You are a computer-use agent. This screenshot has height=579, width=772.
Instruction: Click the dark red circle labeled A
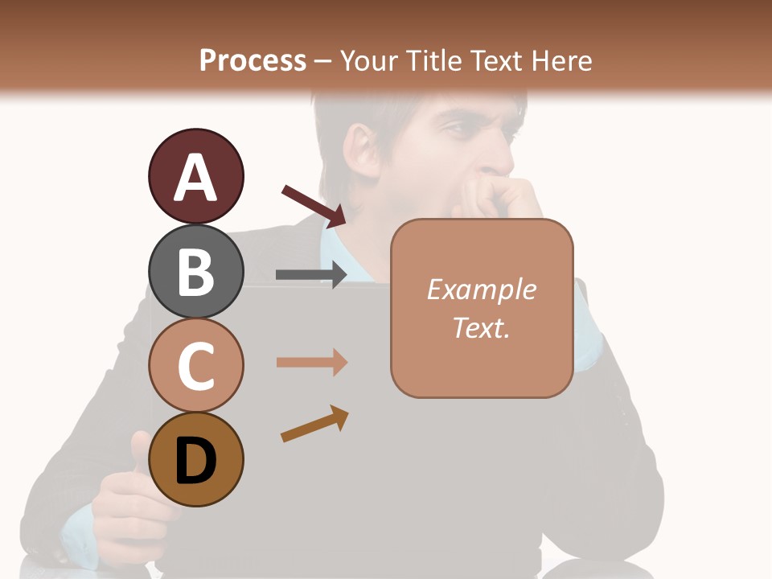pos(195,176)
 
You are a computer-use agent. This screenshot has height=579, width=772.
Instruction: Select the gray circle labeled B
pos(195,271)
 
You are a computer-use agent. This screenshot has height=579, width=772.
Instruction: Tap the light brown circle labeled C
pos(195,366)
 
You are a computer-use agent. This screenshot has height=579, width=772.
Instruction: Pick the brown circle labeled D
pos(195,460)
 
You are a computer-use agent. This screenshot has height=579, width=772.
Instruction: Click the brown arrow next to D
pos(314,425)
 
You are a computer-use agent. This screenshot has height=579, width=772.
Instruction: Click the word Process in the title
pos(253,60)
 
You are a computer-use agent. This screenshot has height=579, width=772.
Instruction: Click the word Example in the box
pos(481,289)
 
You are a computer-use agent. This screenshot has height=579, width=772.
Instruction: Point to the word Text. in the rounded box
pos(481,327)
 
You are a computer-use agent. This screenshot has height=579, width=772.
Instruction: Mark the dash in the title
pos(322,61)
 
